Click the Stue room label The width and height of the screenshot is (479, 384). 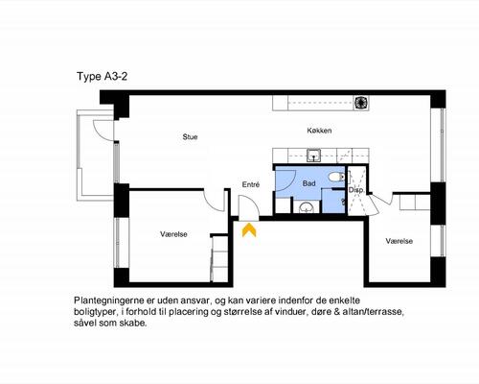click(x=190, y=137)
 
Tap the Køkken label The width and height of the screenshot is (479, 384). click(x=319, y=131)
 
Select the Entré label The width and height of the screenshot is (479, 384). click(x=251, y=184)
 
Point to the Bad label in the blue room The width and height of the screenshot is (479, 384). click(x=308, y=183)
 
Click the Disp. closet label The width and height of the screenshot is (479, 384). click(x=355, y=190)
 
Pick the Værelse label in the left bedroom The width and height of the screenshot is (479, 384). click(x=173, y=234)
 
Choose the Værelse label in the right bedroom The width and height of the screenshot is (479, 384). click(x=399, y=241)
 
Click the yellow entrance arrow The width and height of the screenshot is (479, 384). click(x=249, y=230)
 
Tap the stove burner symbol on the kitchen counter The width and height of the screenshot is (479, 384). click(x=360, y=103)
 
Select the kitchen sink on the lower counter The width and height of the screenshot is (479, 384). click(x=314, y=156)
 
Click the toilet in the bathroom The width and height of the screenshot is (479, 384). click(x=336, y=177)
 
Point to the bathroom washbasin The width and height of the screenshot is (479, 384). click(x=307, y=208)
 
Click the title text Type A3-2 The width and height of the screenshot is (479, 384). click(x=102, y=77)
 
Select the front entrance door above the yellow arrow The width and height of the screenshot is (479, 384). click(x=249, y=208)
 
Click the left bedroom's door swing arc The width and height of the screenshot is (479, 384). click(x=212, y=204)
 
